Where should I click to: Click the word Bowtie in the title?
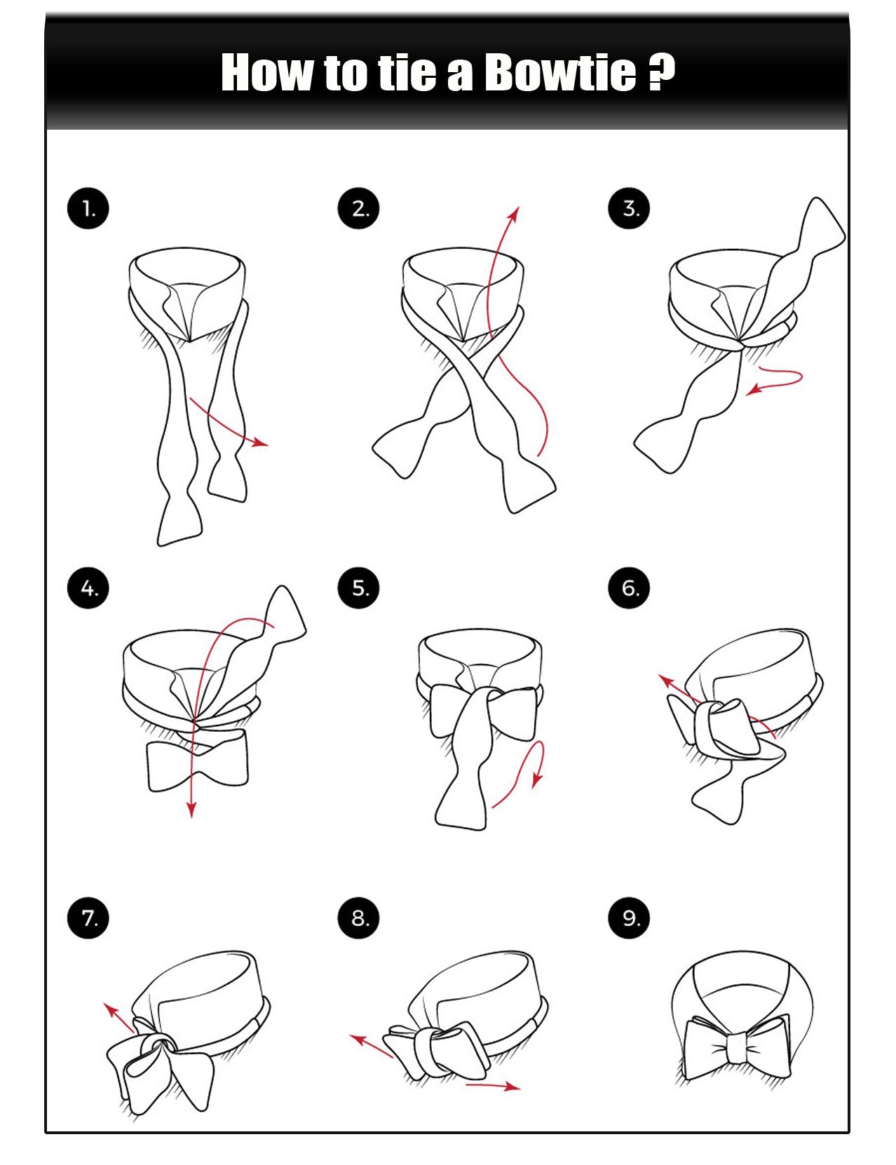(560, 71)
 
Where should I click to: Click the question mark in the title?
(661, 71)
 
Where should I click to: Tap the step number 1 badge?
(88, 208)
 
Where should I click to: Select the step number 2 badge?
(358, 208)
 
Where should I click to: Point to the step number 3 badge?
(629, 208)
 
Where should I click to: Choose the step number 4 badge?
(88, 588)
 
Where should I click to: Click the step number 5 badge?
(358, 588)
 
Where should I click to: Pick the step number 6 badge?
(629, 588)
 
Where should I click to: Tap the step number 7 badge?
(88, 918)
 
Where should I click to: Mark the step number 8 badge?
(358, 918)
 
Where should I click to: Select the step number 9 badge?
(629, 918)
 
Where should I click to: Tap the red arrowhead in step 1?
(261, 443)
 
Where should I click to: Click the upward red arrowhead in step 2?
(515, 214)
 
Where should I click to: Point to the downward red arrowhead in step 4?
(191, 810)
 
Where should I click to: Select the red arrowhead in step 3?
(754, 390)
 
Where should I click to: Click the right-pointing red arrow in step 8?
(494, 1086)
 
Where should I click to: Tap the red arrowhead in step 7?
(111, 1010)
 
